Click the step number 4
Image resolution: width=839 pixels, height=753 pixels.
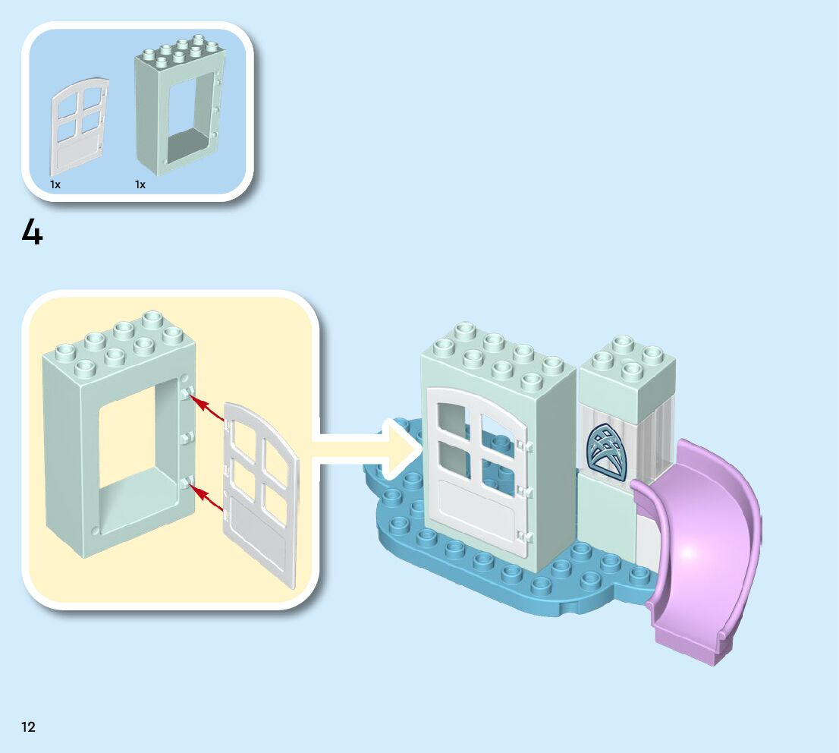click(32, 232)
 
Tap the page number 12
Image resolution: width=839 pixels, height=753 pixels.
click(28, 727)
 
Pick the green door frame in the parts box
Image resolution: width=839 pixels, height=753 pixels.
click(179, 106)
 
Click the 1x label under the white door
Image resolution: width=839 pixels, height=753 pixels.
click(55, 184)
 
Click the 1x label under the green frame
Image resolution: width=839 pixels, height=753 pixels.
click(140, 184)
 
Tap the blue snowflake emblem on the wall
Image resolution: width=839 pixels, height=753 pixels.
click(607, 452)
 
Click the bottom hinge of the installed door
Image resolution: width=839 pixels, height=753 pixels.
click(520, 536)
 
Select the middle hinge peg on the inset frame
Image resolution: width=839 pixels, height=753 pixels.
click(187, 437)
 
